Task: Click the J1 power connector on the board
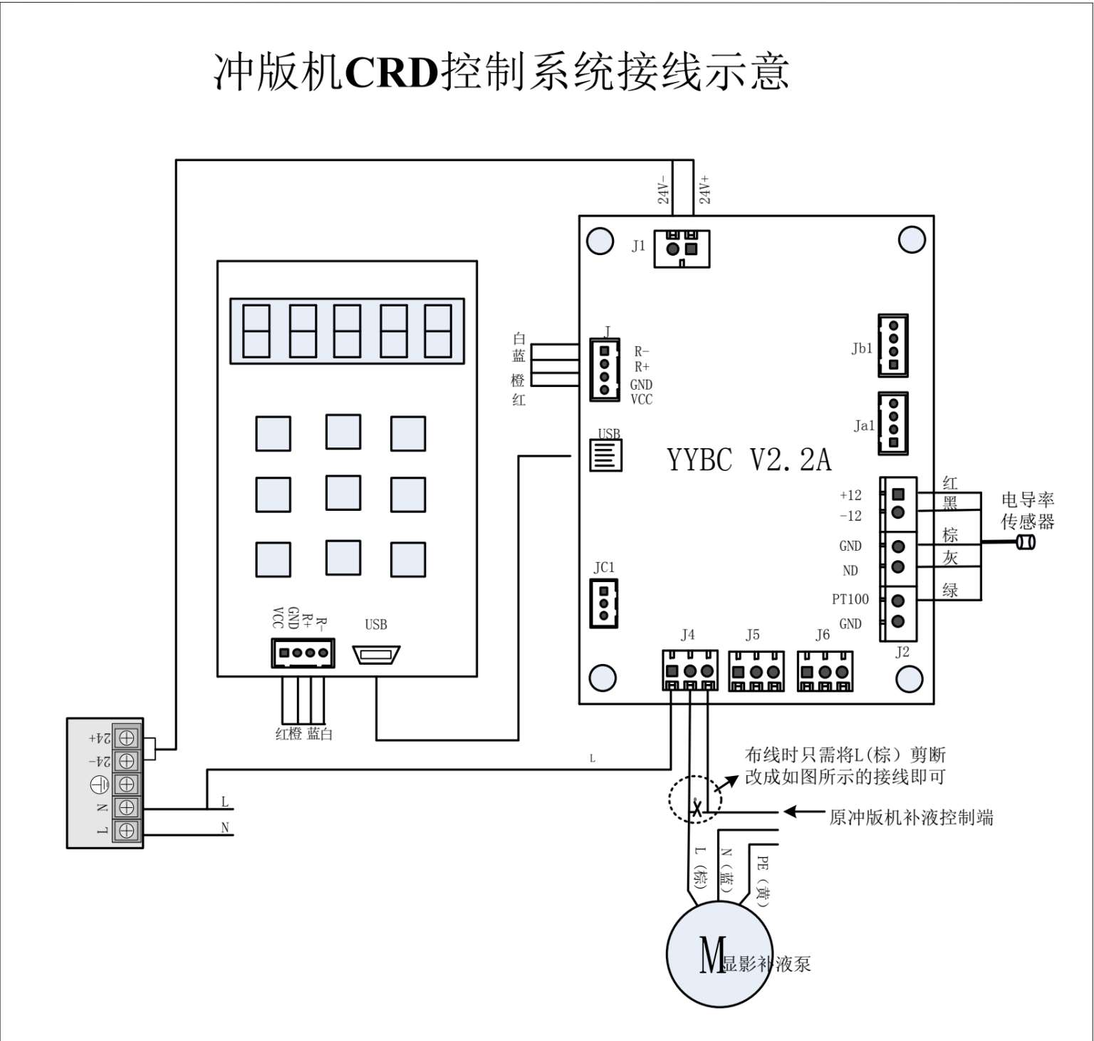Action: (x=682, y=249)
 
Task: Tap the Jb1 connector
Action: (x=892, y=346)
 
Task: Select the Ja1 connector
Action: (x=892, y=423)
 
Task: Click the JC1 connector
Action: (x=604, y=603)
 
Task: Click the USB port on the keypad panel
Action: (x=376, y=654)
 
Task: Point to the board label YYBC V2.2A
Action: (x=749, y=460)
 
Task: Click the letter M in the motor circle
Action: (x=712, y=955)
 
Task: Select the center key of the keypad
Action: (x=343, y=493)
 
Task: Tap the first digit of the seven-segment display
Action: (x=256, y=331)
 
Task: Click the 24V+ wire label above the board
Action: (x=704, y=190)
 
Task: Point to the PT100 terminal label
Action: (x=850, y=599)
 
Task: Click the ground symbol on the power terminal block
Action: (x=100, y=784)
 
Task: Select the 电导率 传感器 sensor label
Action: (x=1027, y=511)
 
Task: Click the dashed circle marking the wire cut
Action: (x=694, y=799)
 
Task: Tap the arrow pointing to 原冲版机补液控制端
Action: (x=803, y=812)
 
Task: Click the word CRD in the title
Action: (x=391, y=72)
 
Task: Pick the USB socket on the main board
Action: (x=606, y=455)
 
